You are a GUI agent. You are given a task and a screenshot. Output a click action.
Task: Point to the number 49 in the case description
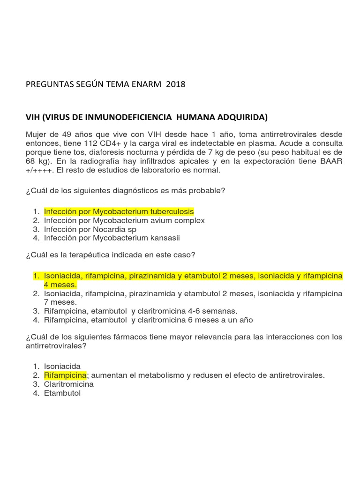[x=61, y=135]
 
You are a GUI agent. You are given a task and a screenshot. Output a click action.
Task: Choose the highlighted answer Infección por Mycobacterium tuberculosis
[x=119, y=211]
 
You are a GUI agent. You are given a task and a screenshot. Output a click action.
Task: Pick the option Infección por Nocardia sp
[x=90, y=229]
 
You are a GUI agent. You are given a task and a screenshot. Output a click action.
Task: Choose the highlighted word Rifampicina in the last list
[x=65, y=375]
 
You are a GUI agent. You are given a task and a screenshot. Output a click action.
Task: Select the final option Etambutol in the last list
[x=62, y=393]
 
